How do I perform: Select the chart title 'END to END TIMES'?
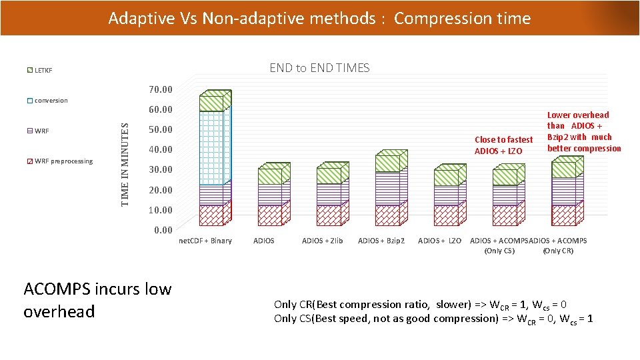click(319, 67)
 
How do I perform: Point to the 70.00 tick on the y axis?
click(160, 89)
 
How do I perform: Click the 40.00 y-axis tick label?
click(160, 149)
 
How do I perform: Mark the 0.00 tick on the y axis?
click(162, 230)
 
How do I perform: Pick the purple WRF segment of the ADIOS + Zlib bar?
click(329, 194)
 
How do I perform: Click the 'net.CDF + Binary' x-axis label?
click(206, 241)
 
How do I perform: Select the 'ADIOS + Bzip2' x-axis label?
click(381, 241)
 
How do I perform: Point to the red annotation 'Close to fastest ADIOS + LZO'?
click(503, 145)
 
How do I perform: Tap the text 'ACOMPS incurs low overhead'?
click(97, 300)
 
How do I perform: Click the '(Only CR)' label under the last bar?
click(558, 251)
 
